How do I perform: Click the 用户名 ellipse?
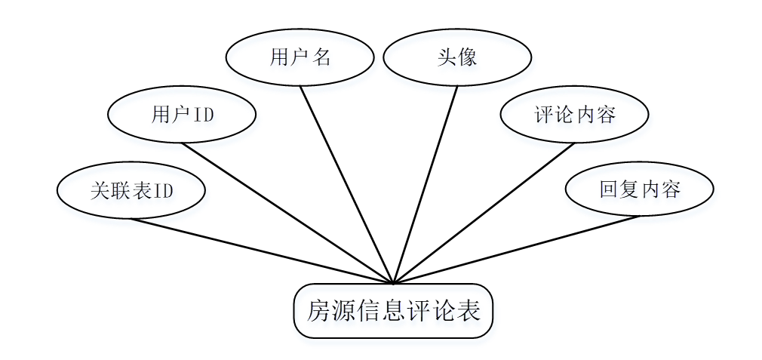(x=300, y=57)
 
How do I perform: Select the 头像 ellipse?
(x=456, y=57)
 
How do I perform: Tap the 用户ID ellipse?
(x=182, y=115)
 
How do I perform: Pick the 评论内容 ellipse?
(x=574, y=115)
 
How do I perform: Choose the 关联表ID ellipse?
(x=131, y=190)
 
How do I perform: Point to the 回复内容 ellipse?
(x=639, y=189)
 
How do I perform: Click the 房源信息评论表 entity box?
(x=393, y=311)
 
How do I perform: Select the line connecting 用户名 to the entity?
(x=346, y=185)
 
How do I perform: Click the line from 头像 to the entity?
(x=426, y=185)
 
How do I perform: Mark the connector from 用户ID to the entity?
(x=287, y=214)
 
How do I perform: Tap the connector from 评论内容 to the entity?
(x=484, y=214)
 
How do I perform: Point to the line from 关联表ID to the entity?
(x=262, y=251)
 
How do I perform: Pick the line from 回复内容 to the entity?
(x=517, y=250)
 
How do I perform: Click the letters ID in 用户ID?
(x=204, y=115)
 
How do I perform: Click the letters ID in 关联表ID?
(x=164, y=191)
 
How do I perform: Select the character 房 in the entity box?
(x=319, y=311)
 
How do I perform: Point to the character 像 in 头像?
(x=468, y=58)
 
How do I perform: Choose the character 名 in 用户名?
(x=322, y=58)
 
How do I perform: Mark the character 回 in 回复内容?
(x=609, y=189)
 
